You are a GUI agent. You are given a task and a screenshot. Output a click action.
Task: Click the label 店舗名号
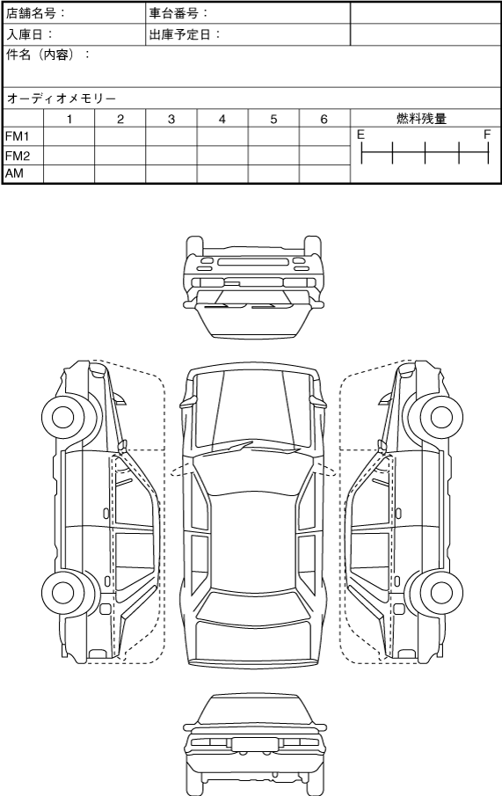(x=31, y=13)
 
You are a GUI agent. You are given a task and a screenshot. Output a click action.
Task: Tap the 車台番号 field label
(x=173, y=13)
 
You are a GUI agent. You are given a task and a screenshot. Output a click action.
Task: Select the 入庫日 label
(x=25, y=34)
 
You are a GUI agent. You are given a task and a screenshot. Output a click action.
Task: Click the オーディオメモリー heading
(x=62, y=99)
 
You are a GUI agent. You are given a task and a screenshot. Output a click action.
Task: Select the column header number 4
(x=222, y=120)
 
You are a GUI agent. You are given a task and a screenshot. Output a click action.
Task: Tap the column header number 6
(x=324, y=120)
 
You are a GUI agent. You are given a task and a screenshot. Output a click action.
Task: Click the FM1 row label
(x=18, y=136)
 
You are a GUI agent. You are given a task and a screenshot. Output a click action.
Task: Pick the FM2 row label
(x=18, y=156)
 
